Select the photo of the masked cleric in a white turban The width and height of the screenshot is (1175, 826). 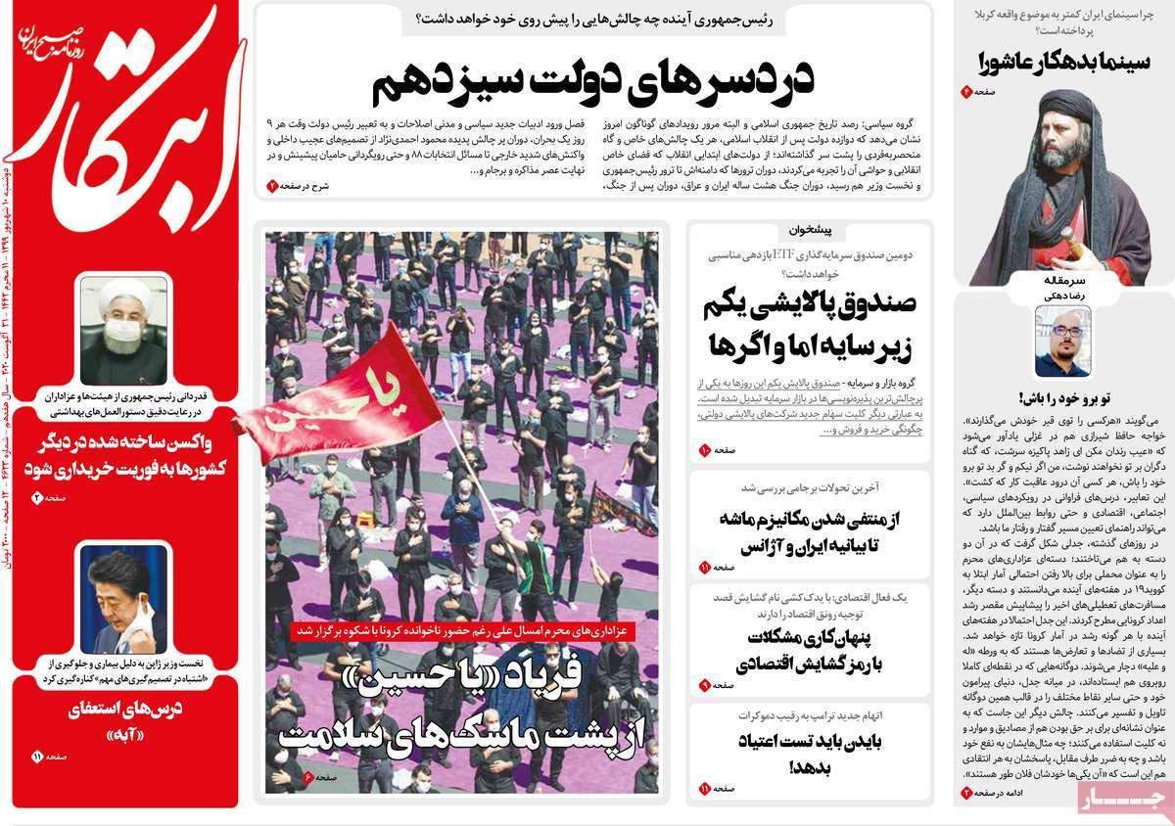click(x=123, y=330)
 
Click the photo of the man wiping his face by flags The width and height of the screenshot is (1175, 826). click(x=123, y=599)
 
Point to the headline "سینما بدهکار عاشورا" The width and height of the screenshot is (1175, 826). click(x=1053, y=61)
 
